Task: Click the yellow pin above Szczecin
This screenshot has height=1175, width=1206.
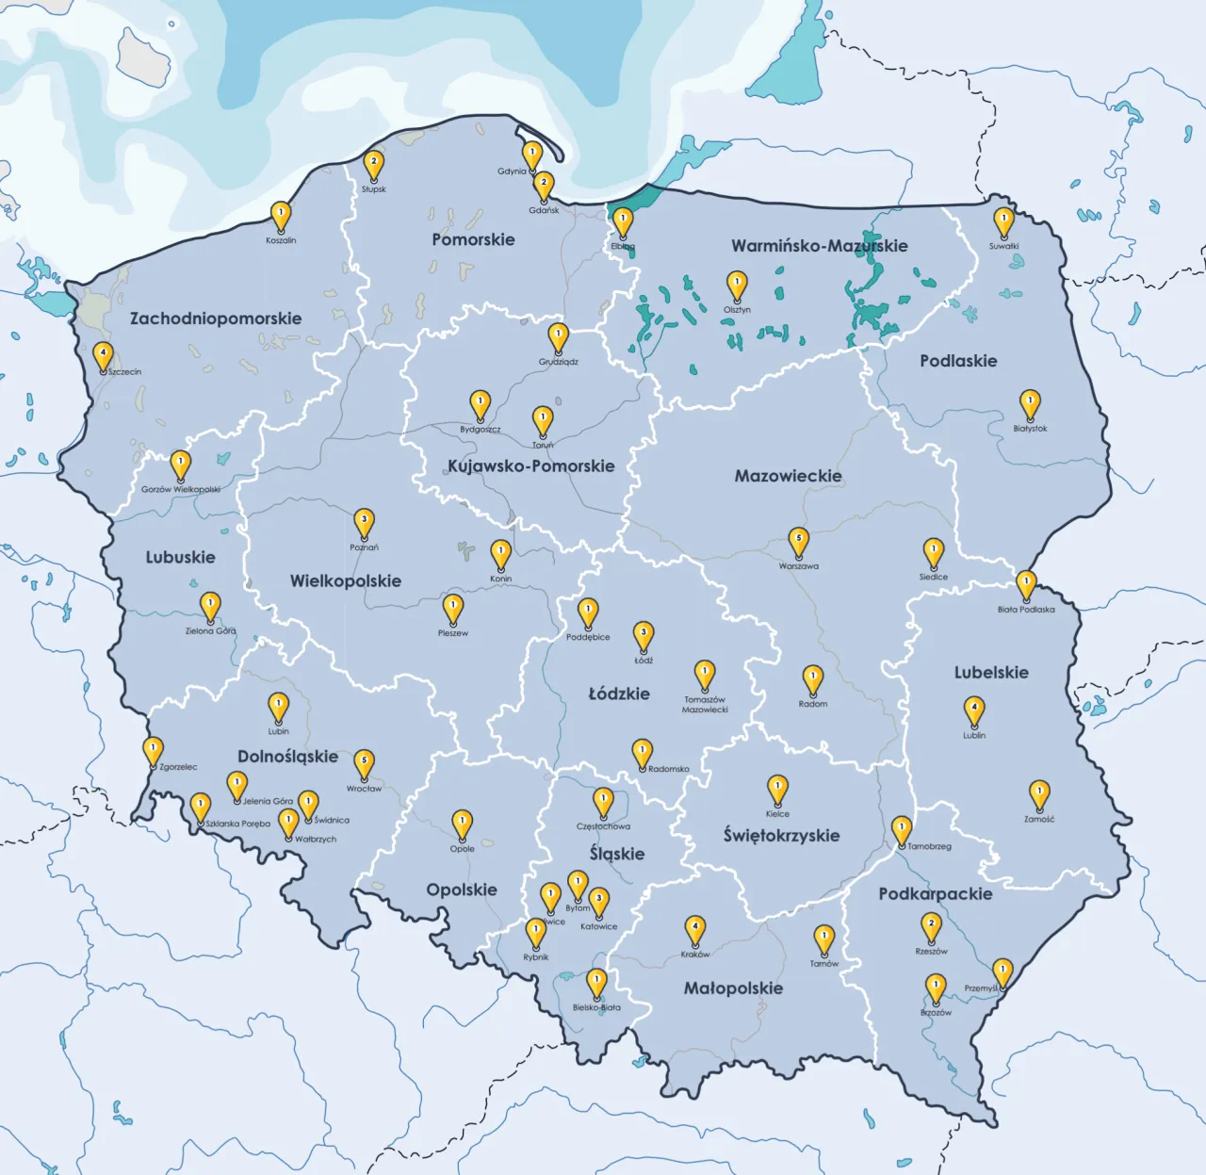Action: tap(103, 356)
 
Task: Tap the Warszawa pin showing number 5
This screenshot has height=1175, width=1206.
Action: tap(798, 541)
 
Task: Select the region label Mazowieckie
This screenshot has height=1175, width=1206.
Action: tap(788, 476)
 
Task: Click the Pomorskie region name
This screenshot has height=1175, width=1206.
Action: tap(473, 239)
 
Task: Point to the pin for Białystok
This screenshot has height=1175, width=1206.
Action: tap(1030, 404)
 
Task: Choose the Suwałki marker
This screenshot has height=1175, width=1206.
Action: tap(1003, 222)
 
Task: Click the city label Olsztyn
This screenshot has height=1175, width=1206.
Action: tap(737, 310)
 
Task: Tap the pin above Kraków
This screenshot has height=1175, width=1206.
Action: tap(694, 929)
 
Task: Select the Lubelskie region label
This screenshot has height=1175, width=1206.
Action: tap(990, 672)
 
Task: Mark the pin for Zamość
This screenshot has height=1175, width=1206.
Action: tap(1038, 794)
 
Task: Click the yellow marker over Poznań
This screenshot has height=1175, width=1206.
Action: tap(364, 522)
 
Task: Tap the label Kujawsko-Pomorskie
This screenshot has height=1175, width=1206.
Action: tap(530, 465)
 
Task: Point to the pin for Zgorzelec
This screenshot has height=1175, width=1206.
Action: tap(152, 751)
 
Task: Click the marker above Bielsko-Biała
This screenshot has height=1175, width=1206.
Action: tap(595, 983)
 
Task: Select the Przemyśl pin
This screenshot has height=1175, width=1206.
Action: tap(1002, 971)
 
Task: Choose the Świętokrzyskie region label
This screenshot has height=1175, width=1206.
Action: tap(781, 835)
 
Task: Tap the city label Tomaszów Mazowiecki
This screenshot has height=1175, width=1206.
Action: tap(705, 705)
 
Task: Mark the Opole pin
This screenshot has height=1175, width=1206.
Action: tap(462, 824)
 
